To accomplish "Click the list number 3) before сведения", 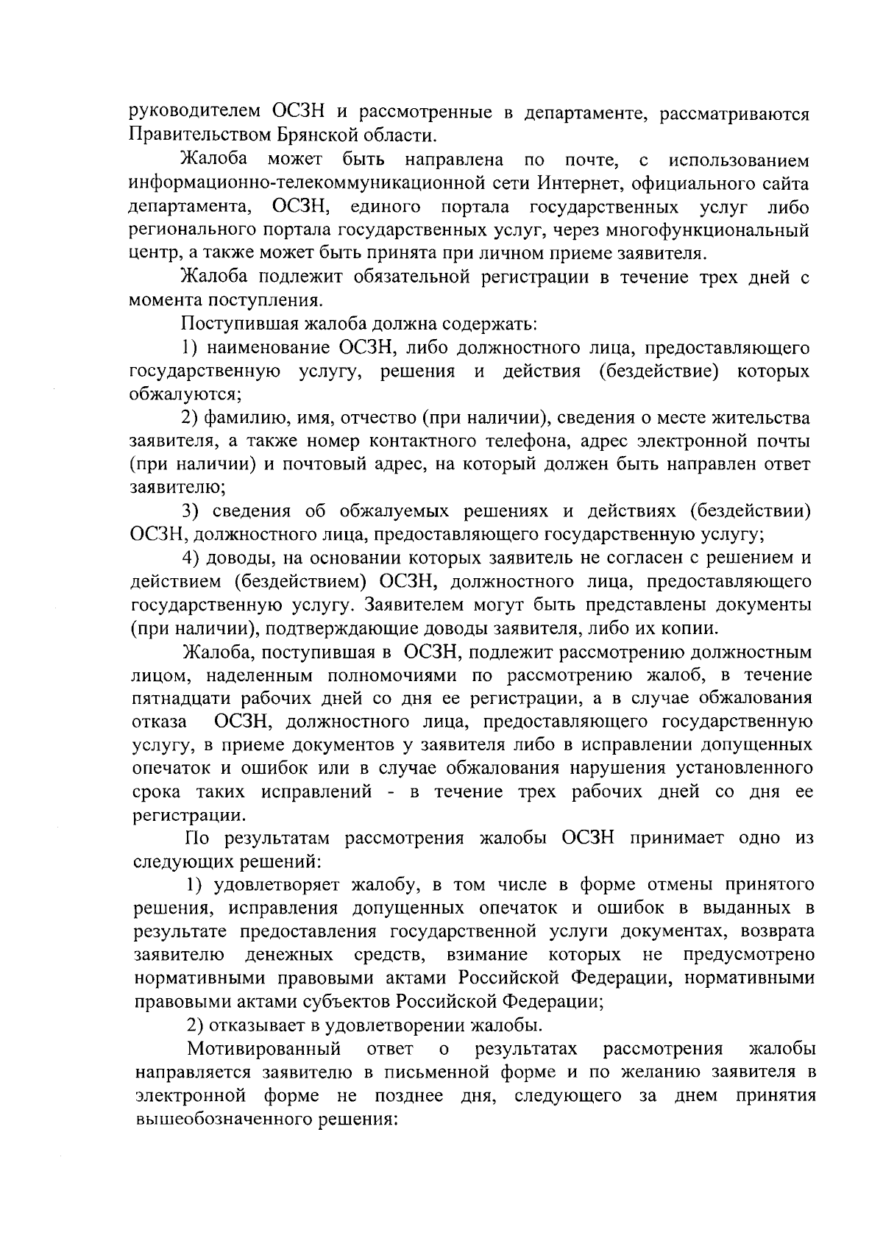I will coord(192,511).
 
